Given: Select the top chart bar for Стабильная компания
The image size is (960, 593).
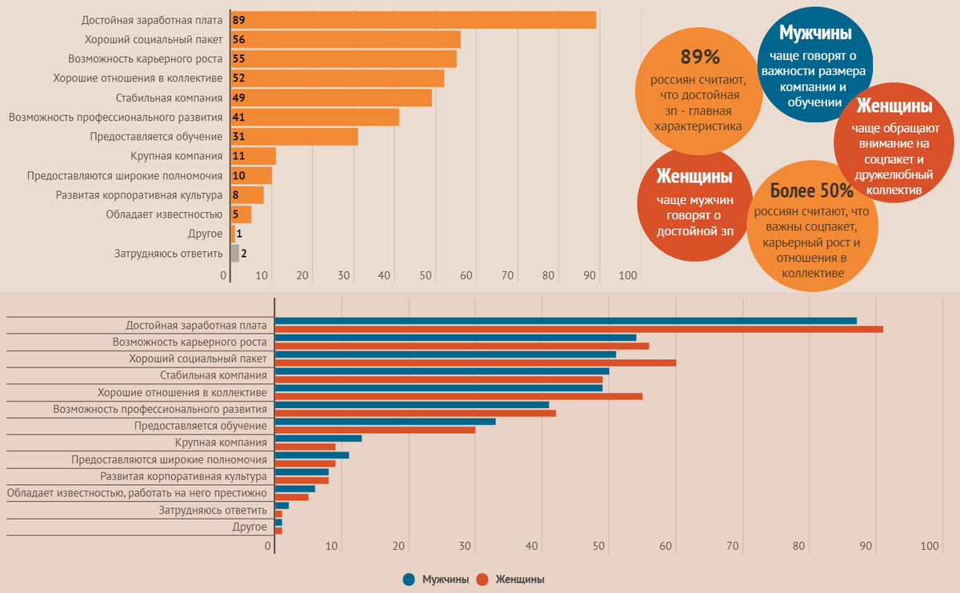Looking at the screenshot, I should point(331,98).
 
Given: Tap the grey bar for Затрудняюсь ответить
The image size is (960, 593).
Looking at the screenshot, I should point(234,254).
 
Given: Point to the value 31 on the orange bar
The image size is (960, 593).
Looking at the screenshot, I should point(238,137).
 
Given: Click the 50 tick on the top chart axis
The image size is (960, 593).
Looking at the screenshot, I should point(426,275).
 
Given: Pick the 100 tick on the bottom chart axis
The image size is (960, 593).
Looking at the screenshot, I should point(930,547).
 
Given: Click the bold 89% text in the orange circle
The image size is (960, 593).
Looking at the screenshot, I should point(700,57).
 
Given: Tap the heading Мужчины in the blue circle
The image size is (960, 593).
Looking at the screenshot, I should point(815,33).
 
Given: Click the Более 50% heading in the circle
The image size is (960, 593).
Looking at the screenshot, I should point(811,191).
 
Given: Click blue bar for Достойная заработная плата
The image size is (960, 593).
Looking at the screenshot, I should point(565,321).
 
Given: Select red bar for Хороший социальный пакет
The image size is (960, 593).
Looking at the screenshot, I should point(475,363).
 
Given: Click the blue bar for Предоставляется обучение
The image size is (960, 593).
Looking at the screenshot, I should point(385,422).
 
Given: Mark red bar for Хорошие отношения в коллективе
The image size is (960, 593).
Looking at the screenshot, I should point(458,396).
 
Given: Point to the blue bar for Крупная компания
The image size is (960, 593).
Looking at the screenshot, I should point(318,439).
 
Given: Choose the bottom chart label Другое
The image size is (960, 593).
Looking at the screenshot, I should point(249,527).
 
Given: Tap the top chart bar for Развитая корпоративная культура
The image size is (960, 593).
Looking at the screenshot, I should point(247,195).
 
